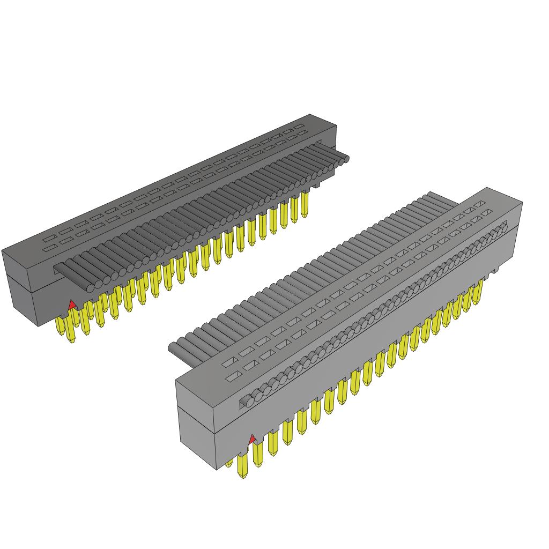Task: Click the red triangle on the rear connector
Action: pos(72,305)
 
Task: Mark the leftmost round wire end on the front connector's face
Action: pos(246,400)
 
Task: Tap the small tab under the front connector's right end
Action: pos(494,272)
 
